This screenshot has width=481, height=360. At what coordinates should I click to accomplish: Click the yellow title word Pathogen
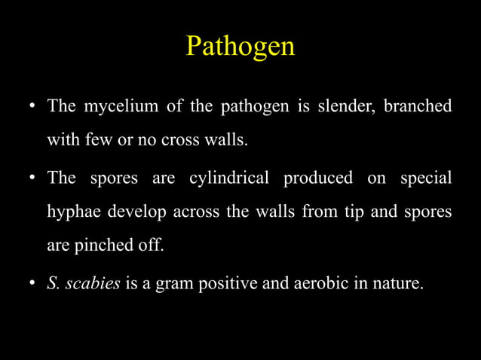240,47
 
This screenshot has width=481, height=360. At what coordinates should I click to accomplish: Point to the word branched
418,106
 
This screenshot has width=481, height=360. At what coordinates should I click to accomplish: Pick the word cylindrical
228,179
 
